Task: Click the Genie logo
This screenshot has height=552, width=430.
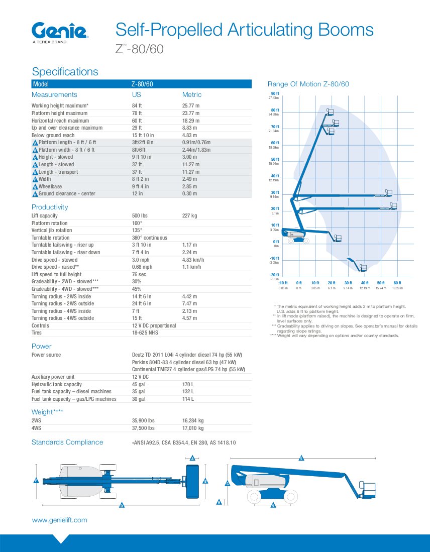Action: click(60, 31)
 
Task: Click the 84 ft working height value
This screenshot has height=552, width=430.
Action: click(137, 105)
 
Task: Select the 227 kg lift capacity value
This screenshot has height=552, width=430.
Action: click(189, 215)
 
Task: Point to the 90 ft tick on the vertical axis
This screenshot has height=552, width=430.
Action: click(275, 94)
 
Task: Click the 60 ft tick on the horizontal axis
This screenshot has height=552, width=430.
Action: click(397, 283)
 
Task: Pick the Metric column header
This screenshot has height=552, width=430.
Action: click(191, 94)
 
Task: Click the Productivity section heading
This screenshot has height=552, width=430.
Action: click(50, 207)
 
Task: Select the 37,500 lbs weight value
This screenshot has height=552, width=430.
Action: click(143, 428)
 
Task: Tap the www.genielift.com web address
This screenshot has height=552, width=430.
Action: click(59, 520)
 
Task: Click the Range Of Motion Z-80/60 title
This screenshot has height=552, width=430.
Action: click(308, 84)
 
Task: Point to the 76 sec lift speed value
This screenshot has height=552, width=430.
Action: click(139, 274)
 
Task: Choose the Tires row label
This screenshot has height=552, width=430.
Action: click(37, 333)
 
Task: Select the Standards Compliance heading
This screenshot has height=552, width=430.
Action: click(67, 442)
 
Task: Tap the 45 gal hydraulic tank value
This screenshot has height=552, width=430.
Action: click(139, 384)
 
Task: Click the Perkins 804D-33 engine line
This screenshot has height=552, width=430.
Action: click(183, 362)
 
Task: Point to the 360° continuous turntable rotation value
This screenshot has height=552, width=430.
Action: click(149, 238)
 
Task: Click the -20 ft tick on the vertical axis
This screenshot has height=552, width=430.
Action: click(274, 275)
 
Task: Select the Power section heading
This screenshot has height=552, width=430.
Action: click(41, 346)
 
